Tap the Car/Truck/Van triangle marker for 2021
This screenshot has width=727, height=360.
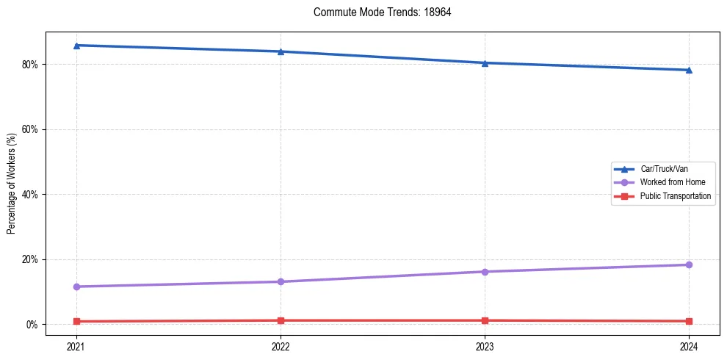click(x=76, y=46)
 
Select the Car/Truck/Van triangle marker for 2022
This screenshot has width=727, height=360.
click(x=281, y=51)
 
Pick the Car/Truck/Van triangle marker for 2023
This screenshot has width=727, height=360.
click(x=485, y=63)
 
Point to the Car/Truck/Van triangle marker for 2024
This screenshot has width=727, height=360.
click(x=689, y=71)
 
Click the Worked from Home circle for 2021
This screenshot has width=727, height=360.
click(x=76, y=287)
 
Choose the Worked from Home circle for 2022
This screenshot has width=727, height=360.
click(x=281, y=281)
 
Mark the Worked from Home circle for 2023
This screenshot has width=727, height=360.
click(x=485, y=272)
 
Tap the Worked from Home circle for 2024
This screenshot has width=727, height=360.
click(x=689, y=264)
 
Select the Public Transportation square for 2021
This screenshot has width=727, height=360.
click(x=76, y=321)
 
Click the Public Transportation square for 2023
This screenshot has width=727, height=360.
click(x=485, y=320)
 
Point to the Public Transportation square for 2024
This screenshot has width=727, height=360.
click(x=689, y=321)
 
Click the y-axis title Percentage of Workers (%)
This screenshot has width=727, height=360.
click(x=12, y=183)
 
